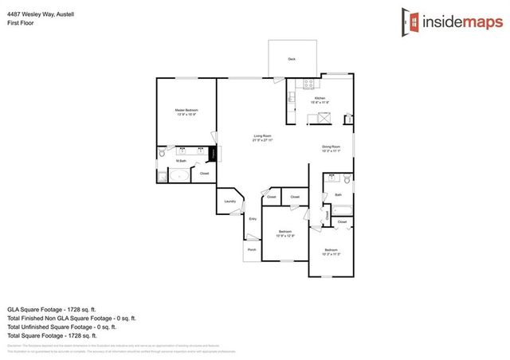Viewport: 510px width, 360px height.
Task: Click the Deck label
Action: tap(292, 60)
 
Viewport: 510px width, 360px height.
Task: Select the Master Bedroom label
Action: tap(187, 110)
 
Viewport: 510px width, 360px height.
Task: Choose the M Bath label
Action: tap(182, 161)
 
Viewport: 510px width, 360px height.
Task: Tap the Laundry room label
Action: tap(229, 202)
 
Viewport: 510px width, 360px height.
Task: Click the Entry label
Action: tap(253, 218)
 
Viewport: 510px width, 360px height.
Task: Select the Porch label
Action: tap(251, 249)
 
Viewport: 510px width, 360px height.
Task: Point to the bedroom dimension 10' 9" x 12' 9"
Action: tap(285, 236)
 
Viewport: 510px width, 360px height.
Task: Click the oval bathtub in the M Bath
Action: tap(178, 176)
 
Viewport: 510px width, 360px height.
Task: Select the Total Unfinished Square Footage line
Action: tap(61, 327)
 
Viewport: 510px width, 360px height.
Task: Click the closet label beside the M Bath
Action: tap(204, 174)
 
